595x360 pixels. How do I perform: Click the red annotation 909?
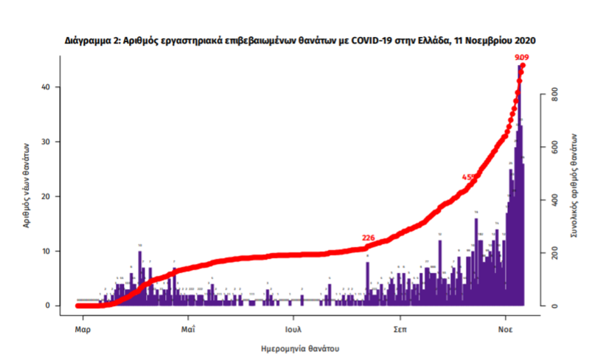[x=521, y=58]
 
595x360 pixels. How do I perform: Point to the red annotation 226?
[x=369, y=238]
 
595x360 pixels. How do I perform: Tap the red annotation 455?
[x=468, y=177]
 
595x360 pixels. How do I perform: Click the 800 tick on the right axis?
[x=554, y=95]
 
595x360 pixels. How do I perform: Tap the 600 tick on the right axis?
[x=554, y=148]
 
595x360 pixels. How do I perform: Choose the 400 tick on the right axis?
[x=554, y=200]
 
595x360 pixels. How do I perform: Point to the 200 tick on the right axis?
[x=554, y=253]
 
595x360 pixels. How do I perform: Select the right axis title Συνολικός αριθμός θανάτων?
[x=574, y=184]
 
